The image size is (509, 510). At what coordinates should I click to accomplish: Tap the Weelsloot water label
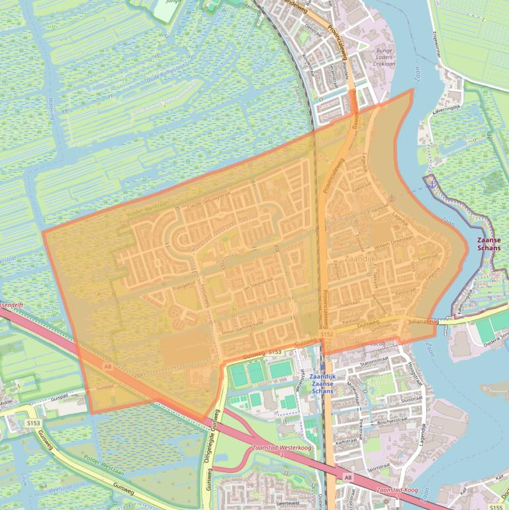[x=60, y=489]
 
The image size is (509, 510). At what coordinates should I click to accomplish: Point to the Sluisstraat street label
[x=411, y=399]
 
